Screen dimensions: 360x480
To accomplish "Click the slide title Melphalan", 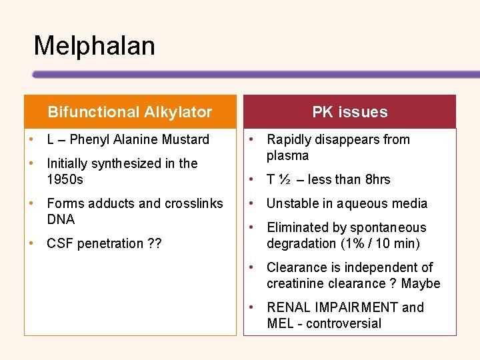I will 94,46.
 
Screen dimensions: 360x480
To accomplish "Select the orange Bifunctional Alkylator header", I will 130,112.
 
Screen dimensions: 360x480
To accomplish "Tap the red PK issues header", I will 350,112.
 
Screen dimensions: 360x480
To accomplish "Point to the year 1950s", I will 65,179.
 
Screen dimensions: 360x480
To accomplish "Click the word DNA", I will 61,219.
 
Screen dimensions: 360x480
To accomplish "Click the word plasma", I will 288,155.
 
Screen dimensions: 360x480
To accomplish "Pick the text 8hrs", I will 378,179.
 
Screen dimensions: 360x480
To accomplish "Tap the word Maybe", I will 421,283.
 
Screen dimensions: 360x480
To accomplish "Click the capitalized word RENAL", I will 288,307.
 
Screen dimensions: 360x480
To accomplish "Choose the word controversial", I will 344,323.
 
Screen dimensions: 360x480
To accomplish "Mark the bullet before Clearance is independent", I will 251,267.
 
